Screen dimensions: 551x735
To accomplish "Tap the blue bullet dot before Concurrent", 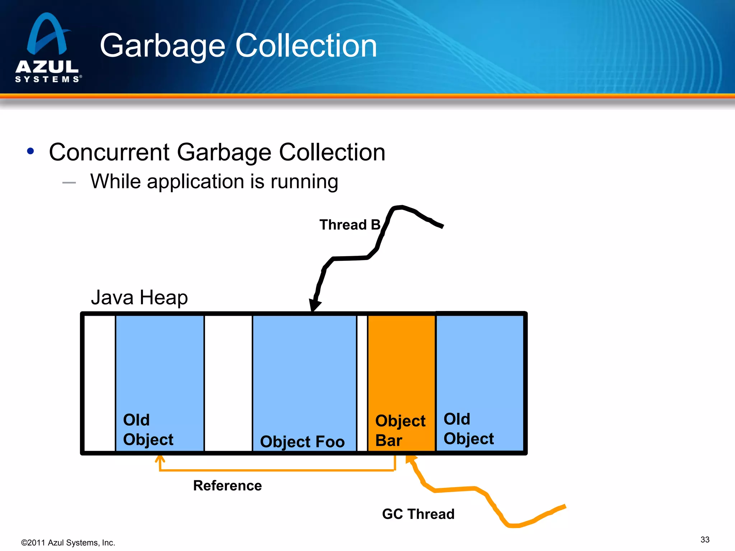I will click(x=31, y=151).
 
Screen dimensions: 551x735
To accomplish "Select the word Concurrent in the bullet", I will click(x=109, y=152).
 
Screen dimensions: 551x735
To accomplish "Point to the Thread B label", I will click(x=349, y=225).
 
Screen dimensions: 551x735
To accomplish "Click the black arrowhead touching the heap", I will click(x=315, y=305).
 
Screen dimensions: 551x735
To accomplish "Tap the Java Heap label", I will click(x=139, y=297).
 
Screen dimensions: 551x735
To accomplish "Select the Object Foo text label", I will click(x=302, y=441).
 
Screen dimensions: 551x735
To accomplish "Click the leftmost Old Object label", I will click(x=148, y=429).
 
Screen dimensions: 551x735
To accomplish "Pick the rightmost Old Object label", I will click(x=468, y=429).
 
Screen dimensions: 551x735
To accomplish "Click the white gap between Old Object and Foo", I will click(x=228, y=382).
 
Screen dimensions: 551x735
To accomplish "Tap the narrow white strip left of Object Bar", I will click(x=362, y=382).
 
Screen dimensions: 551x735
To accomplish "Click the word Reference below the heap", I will click(x=227, y=485).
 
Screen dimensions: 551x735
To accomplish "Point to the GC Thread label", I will click(x=418, y=514).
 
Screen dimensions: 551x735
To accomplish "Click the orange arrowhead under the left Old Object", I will click(x=160, y=459).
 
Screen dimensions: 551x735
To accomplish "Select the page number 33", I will click(x=704, y=540).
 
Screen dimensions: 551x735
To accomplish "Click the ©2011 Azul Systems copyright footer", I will click(x=68, y=542).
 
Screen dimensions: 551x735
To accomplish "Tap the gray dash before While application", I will click(x=69, y=183).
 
